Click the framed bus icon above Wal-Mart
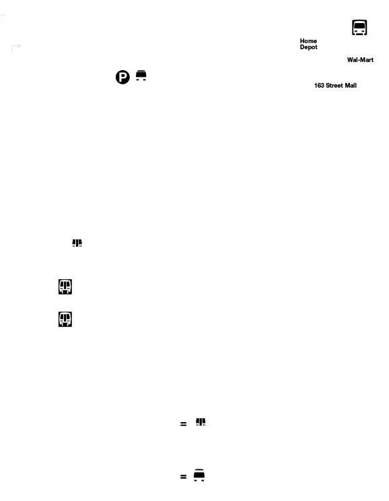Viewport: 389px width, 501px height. pos(359,28)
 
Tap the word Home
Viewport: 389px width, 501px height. pos(308,41)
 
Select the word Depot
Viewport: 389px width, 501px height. pos(309,47)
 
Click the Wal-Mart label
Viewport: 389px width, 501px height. pos(360,60)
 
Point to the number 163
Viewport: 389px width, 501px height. pos(319,86)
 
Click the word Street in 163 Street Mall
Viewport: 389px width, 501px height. pos(334,86)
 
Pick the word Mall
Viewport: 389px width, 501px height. pos(351,86)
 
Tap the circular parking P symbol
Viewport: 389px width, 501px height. pos(122,77)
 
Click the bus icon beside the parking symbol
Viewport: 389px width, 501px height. pos(141,76)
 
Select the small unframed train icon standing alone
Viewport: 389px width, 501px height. pos(77,243)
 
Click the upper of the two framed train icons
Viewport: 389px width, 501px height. pos(65,287)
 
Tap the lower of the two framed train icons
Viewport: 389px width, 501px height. pos(65,319)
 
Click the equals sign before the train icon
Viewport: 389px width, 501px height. pos(183,424)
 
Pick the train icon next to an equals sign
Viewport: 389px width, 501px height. pos(201,421)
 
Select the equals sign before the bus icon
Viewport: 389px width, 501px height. pos(183,477)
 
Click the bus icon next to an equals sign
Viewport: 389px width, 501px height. pos(199,475)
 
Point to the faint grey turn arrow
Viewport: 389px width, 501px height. pos(16,47)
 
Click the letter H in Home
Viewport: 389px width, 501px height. pos(302,41)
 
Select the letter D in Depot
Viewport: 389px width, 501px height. pos(302,47)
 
